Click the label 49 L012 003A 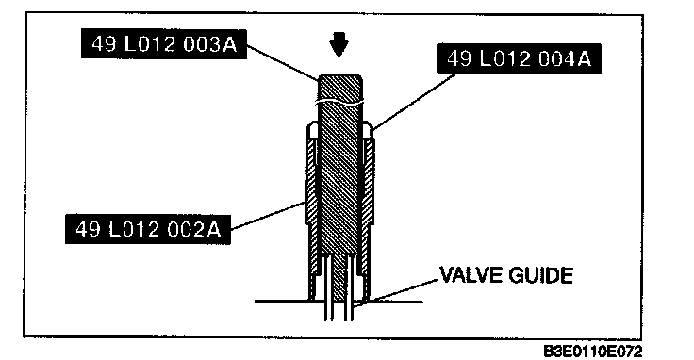(164, 44)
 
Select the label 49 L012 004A (519, 58)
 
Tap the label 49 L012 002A (148, 229)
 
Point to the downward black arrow (339, 46)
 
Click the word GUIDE (541, 275)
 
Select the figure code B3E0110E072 (593, 352)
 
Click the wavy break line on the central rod (339, 102)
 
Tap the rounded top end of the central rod (339, 77)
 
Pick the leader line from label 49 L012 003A (282, 63)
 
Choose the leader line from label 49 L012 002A (268, 216)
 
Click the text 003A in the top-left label (209, 44)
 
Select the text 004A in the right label (564, 58)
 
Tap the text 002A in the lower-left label (193, 229)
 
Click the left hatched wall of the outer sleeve (312, 208)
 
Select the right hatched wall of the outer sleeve (368, 208)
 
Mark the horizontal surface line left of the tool (282, 302)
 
